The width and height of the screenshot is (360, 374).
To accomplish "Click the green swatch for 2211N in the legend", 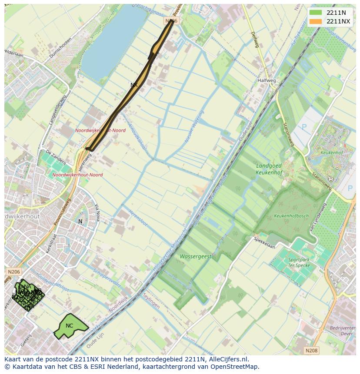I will (x=316, y=13).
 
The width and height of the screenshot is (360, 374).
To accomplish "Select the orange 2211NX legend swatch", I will (x=316, y=21).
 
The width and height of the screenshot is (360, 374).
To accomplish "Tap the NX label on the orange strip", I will (x=134, y=85).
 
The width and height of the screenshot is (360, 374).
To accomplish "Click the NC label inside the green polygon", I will (x=69, y=326).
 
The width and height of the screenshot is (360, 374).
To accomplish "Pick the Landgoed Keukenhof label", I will (x=269, y=169).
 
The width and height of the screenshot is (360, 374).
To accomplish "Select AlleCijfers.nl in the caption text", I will (x=229, y=359).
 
